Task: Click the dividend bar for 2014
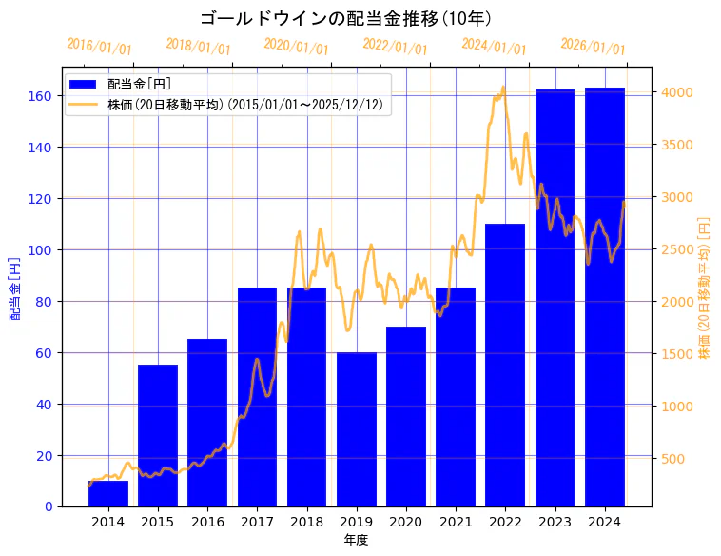(x=108, y=494)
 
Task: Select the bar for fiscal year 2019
(x=357, y=429)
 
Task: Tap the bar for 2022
(x=505, y=366)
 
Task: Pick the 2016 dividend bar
(x=207, y=423)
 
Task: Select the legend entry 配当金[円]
(x=140, y=85)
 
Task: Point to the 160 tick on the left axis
(x=40, y=96)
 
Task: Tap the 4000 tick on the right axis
(x=674, y=92)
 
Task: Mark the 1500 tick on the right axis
(x=674, y=354)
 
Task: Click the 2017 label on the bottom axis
(x=257, y=522)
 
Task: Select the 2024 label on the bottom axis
(x=605, y=522)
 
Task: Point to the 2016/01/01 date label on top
(x=100, y=47)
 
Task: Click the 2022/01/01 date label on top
(x=396, y=47)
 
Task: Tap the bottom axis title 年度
(x=356, y=540)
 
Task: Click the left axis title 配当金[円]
(x=15, y=288)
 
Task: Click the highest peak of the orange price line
(x=503, y=88)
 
